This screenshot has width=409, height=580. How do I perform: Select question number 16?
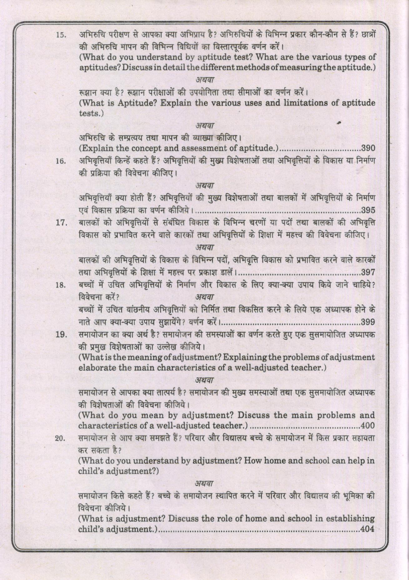(61, 161)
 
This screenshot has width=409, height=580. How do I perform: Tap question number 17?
(61, 223)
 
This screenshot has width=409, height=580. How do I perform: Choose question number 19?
(61, 335)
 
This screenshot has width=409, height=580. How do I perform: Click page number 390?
(368, 148)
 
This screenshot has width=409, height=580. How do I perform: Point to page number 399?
(368, 321)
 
